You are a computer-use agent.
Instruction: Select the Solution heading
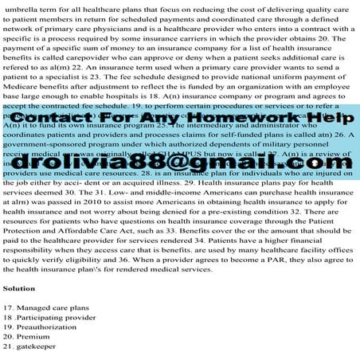19,288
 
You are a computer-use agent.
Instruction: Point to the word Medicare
23,91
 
